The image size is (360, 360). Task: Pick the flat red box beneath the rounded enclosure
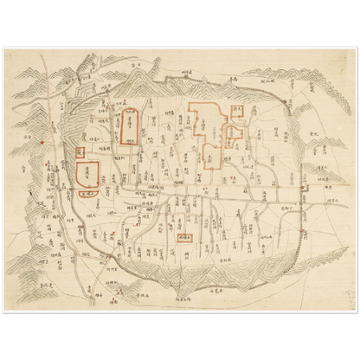pyautogui.click(x=86, y=195)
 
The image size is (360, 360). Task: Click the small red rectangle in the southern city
pyautogui.click(x=183, y=235)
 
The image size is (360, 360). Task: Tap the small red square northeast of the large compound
pyautogui.click(x=237, y=110)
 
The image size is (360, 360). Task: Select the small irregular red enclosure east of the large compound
pyautogui.click(x=232, y=133)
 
